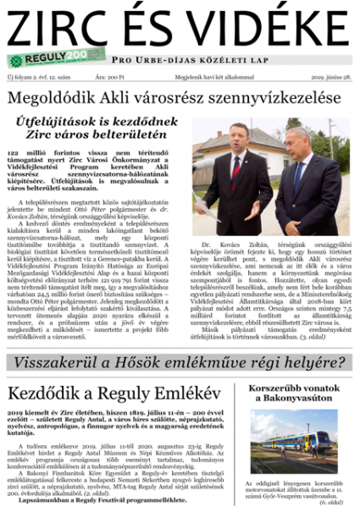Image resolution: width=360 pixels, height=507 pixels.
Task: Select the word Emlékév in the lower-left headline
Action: [x=182, y=394]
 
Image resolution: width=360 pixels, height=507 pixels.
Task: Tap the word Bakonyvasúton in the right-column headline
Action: [x=293, y=410]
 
